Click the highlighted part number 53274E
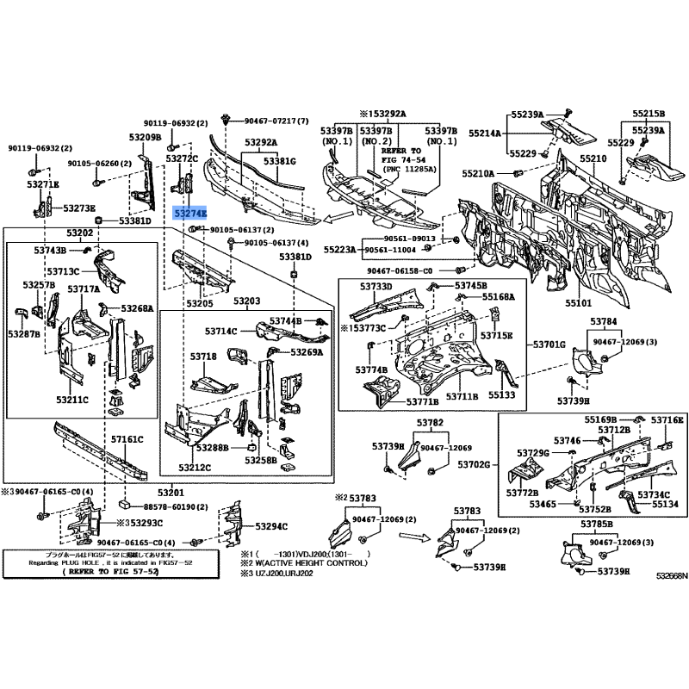point(189,212)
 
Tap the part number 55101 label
point(578,303)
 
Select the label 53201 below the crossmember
point(194,493)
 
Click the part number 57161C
point(127,439)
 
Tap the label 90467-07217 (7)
point(276,121)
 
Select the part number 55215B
point(649,114)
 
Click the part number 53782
point(431,423)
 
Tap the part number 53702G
point(474,464)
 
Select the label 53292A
point(260,142)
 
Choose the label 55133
point(501,395)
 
